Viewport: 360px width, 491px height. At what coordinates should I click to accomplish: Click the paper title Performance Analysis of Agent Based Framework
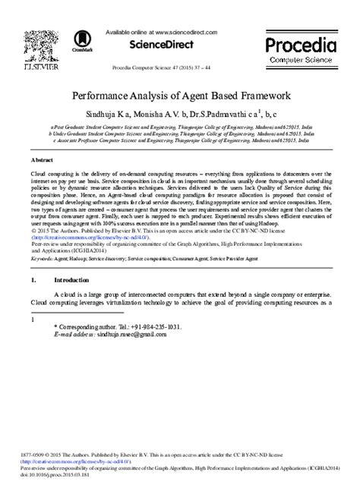click(178, 97)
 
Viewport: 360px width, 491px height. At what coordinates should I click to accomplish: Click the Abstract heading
click(42, 161)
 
